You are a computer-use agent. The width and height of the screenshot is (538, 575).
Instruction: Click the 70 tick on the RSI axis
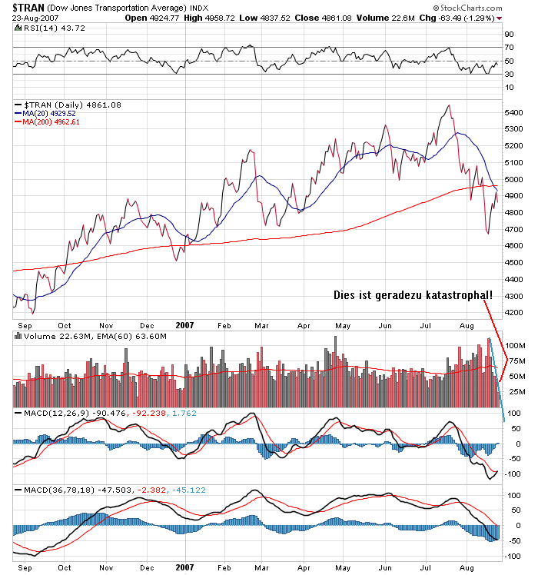[509, 48]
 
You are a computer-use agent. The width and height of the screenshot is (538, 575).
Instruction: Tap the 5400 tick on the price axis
[513, 112]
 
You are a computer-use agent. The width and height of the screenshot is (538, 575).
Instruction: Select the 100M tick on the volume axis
[514, 345]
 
